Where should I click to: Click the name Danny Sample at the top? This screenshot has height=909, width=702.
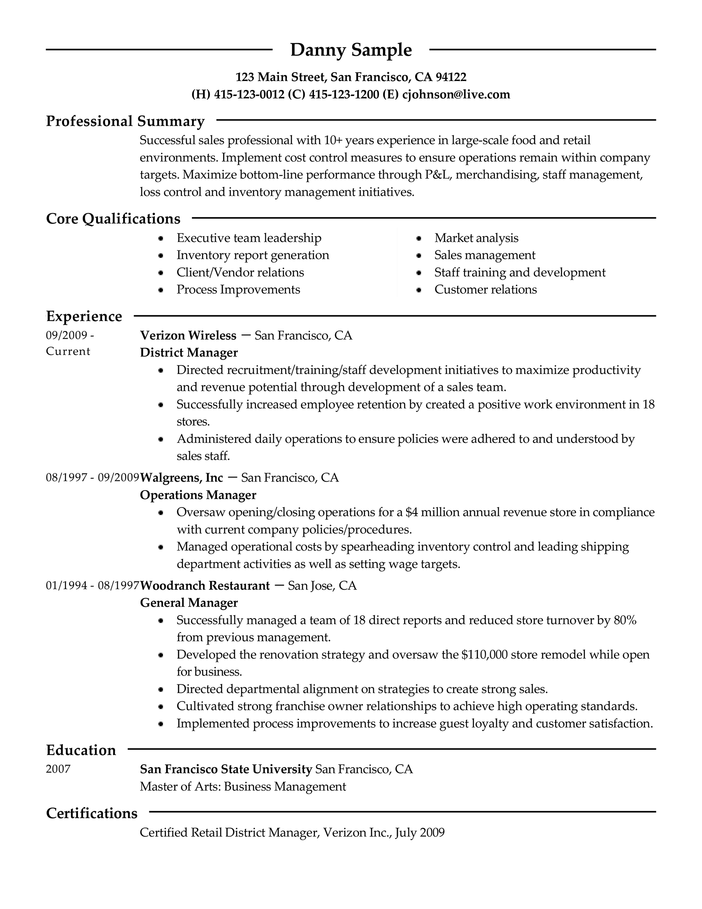point(351,50)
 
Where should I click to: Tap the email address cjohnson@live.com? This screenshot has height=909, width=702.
point(456,94)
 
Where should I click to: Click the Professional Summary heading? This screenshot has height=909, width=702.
point(125,121)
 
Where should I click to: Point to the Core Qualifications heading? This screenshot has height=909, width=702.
point(113,219)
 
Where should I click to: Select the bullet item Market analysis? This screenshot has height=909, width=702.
point(476,238)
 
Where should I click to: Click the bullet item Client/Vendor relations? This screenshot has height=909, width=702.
point(240,272)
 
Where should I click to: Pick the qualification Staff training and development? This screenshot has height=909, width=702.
point(520,272)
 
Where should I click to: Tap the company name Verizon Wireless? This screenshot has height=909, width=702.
point(188,336)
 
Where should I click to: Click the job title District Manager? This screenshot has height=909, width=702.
point(189,353)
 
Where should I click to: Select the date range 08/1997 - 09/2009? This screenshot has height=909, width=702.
point(92,478)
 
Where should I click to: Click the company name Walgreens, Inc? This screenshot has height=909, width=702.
point(181,478)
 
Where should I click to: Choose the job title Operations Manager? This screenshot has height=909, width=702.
point(198,495)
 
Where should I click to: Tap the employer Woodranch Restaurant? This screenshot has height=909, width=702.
point(205,586)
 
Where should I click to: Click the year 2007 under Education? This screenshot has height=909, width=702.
point(58,769)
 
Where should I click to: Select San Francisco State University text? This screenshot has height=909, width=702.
point(226,769)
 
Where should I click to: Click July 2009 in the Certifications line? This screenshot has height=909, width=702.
point(420,833)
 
